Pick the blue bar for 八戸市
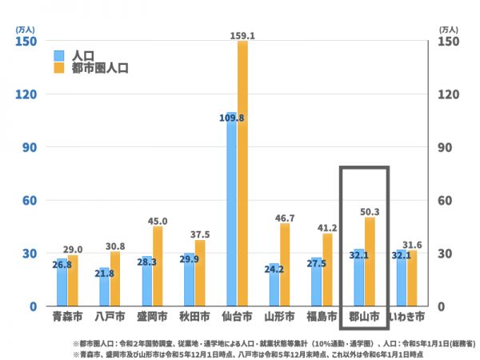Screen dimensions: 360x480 (x=104, y=287)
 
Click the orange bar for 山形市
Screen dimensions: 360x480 (x=285, y=265)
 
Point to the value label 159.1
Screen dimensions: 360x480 (x=241, y=36)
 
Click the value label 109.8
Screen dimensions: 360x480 (x=230, y=118)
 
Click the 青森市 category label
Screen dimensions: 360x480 (x=62, y=317)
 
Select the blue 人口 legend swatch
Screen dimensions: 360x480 (x=59, y=56)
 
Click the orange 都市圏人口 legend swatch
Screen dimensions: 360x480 (x=59, y=69)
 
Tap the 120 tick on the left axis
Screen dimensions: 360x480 (x=26, y=94)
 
